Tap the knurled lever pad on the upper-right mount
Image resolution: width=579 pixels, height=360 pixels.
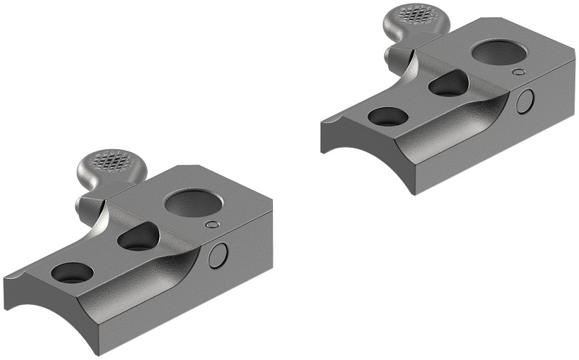pos(415,14)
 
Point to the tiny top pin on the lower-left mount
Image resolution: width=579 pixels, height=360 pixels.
pos(211,225)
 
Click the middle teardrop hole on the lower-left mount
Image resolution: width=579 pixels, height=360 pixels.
pos(138,238)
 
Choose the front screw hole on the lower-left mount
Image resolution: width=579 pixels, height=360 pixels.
pos(73,273)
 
